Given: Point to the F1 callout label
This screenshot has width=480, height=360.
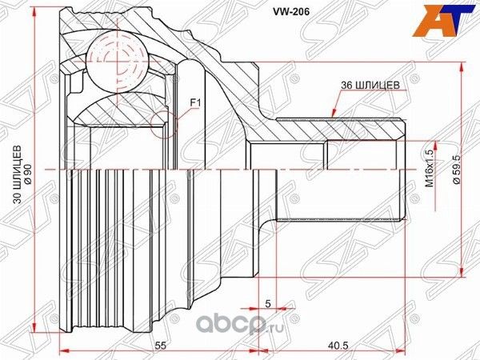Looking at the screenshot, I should tap(194, 102).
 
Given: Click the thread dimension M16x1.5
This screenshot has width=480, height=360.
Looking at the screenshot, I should tap(430, 170).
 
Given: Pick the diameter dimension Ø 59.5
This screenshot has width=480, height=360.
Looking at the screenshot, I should tap(455, 170).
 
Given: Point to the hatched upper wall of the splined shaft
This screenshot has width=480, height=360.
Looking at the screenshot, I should tap(336, 128).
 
